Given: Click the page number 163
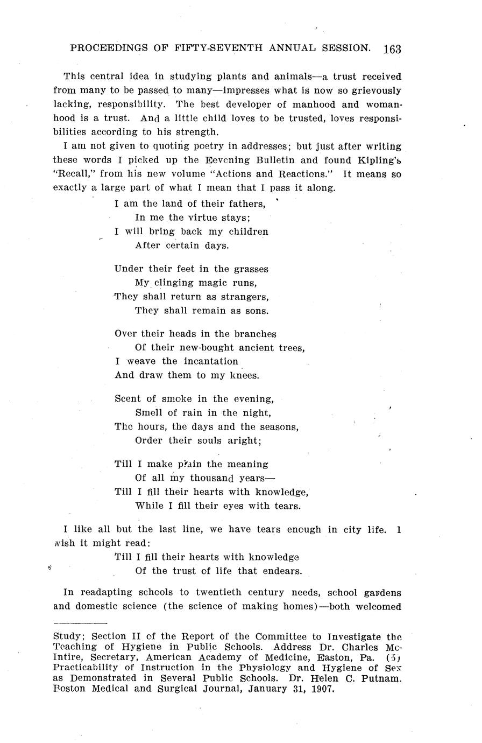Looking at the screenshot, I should [x=392, y=49].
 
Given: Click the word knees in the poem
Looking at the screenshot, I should [x=244, y=375].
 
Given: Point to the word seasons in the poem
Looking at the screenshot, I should [x=278, y=427].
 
